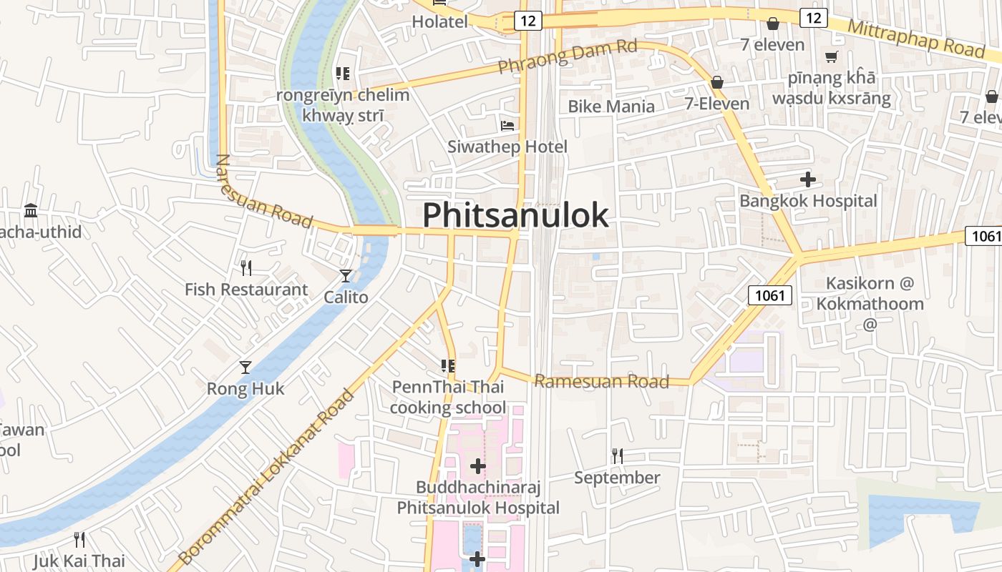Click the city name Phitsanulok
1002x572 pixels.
click(x=515, y=214)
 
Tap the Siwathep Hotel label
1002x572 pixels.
click(x=507, y=147)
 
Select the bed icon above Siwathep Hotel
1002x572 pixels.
click(x=507, y=126)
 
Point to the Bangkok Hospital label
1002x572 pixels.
click(x=808, y=201)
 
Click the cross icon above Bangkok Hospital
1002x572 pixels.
click(x=808, y=179)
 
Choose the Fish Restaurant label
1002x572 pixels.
click(x=245, y=290)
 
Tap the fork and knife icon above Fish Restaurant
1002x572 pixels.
click(x=245, y=268)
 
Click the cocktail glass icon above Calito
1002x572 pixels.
click(x=346, y=275)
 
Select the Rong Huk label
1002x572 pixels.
click(x=245, y=389)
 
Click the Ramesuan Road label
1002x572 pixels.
click(x=601, y=381)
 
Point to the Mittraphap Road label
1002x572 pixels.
click(x=916, y=38)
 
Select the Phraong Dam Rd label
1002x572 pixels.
click(x=567, y=56)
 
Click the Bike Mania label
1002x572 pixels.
click(x=611, y=107)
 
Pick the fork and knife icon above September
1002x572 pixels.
click(x=617, y=455)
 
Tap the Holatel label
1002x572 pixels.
click(x=439, y=22)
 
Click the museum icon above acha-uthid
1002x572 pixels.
click(x=31, y=211)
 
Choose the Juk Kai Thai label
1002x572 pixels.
click(x=79, y=561)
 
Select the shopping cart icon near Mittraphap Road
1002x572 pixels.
click(x=831, y=56)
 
